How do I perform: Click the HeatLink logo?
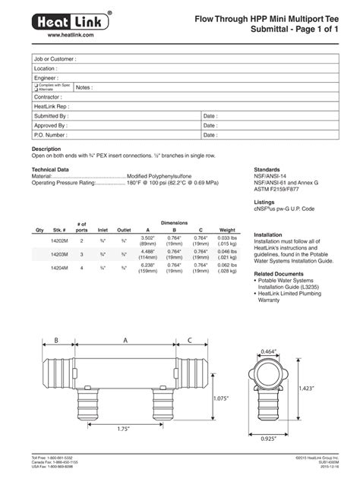(x=71, y=21)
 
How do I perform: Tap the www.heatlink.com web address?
(x=71, y=36)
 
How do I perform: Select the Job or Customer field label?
(x=55, y=58)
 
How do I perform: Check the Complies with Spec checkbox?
(x=36, y=85)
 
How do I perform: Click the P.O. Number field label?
(x=49, y=134)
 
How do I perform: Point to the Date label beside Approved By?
(x=210, y=125)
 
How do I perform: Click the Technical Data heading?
(x=50, y=169)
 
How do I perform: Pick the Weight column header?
(x=227, y=230)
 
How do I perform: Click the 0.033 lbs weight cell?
(x=227, y=237)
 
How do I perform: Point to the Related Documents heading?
(x=279, y=273)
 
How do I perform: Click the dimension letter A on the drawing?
(x=125, y=340)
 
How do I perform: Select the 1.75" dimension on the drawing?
(x=124, y=429)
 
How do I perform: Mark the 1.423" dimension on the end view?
(x=328, y=388)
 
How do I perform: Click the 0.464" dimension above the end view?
(x=268, y=351)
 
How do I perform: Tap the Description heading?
(x=46, y=149)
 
